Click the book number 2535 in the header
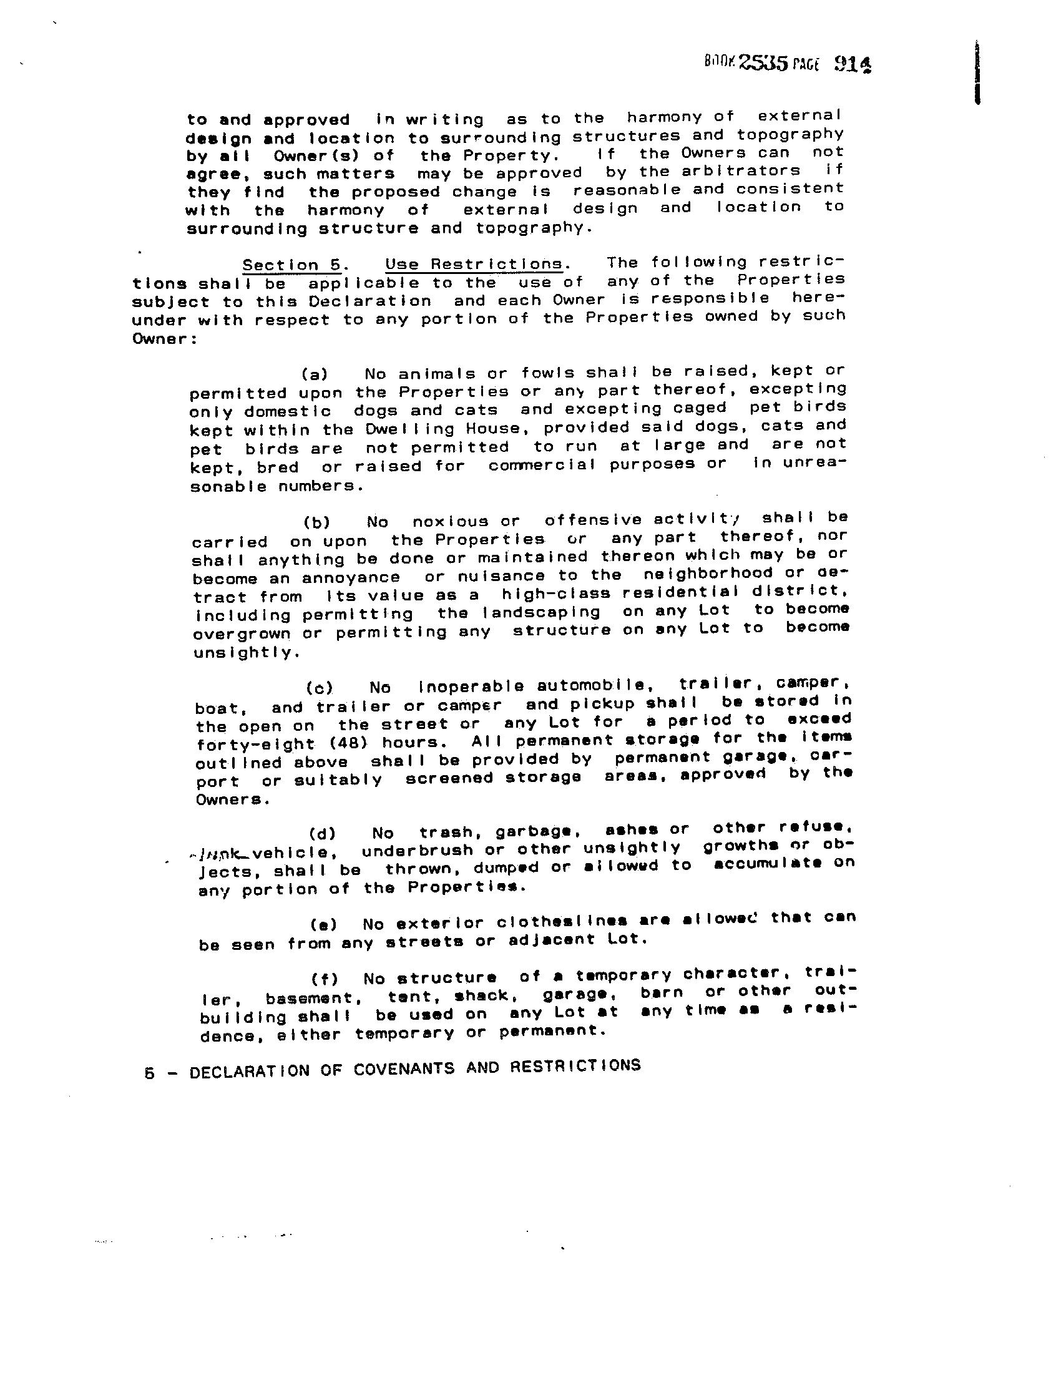click(x=763, y=62)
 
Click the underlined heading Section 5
click(x=291, y=265)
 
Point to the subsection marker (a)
click(x=315, y=374)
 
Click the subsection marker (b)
click(x=317, y=522)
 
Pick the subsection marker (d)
click(x=322, y=834)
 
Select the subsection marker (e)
click(x=324, y=925)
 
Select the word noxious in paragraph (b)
click(x=450, y=521)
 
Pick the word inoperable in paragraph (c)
click(x=471, y=686)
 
